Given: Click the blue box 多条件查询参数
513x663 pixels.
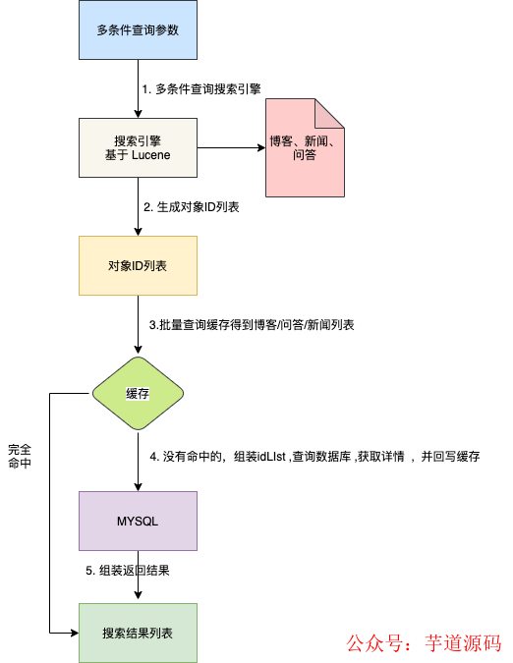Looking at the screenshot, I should (x=138, y=30).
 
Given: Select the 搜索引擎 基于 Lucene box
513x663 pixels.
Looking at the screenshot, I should (x=138, y=147).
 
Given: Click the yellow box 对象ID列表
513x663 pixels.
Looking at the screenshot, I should (x=138, y=266).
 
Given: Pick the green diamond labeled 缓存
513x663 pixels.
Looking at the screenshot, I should (x=138, y=393).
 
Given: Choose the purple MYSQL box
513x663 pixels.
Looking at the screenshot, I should (x=138, y=520).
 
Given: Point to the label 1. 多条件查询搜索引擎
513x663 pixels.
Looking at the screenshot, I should (x=202, y=89).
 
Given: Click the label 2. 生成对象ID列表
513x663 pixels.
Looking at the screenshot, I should (x=192, y=207).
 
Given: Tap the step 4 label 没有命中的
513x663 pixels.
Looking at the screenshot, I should (x=313, y=457).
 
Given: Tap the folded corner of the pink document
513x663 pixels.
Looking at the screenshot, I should (x=329, y=113).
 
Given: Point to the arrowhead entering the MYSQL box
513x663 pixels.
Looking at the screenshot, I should (x=138, y=485).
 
